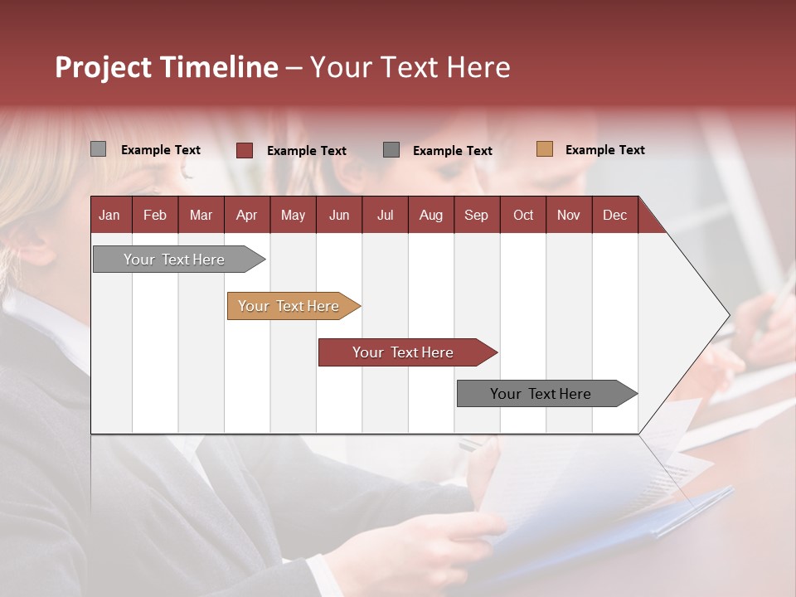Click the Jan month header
[109, 215]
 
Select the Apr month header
[246, 215]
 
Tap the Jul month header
[385, 215]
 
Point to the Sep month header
[476, 215]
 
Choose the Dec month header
[614, 215]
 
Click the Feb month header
[155, 215]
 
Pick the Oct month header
[523, 215]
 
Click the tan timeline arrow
[290, 306]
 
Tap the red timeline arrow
[404, 352]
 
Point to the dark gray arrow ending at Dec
[542, 394]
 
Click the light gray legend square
[98, 149]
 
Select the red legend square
[245, 150]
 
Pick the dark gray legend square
[391, 150]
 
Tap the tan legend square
[545, 149]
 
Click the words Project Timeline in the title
[166, 67]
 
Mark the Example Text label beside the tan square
[604, 150]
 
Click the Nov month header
[568, 215]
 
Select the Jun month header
[338, 215]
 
